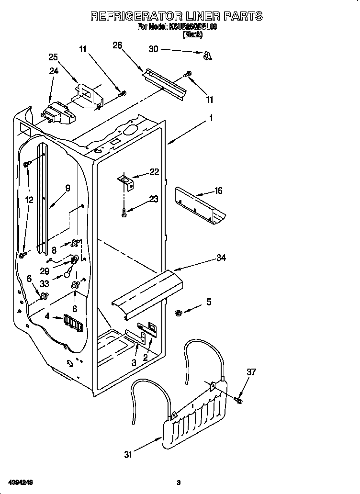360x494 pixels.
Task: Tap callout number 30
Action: [153, 49]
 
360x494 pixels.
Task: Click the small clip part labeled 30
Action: [207, 56]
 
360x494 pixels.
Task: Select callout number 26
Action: [117, 45]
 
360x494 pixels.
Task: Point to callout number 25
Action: [53, 57]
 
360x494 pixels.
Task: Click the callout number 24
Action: [53, 71]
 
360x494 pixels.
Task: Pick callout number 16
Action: [218, 191]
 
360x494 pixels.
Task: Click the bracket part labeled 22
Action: [126, 180]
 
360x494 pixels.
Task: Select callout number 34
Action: [221, 258]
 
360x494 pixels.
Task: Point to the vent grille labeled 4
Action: [72, 323]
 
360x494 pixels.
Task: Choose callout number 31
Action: [128, 455]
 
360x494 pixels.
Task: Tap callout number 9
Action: [67, 188]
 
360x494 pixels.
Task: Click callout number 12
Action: [29, 200]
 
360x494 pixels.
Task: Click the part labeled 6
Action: [44, 296]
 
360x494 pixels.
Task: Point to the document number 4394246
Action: [20, 482]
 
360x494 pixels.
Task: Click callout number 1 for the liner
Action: [211, 117]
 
